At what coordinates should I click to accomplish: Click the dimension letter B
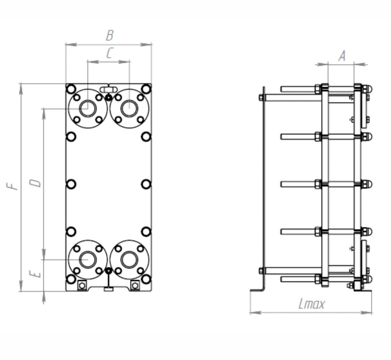(x=110, y=35)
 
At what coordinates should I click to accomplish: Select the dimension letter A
(x=342, y=56)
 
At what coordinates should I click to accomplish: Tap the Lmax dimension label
(x=312, y=304)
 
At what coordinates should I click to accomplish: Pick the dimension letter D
(x=35, y=183)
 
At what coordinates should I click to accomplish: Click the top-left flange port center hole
(x=88, y=108)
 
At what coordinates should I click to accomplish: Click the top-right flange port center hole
(x=129, y=108)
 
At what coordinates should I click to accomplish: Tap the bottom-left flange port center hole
(x=88, y=259)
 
